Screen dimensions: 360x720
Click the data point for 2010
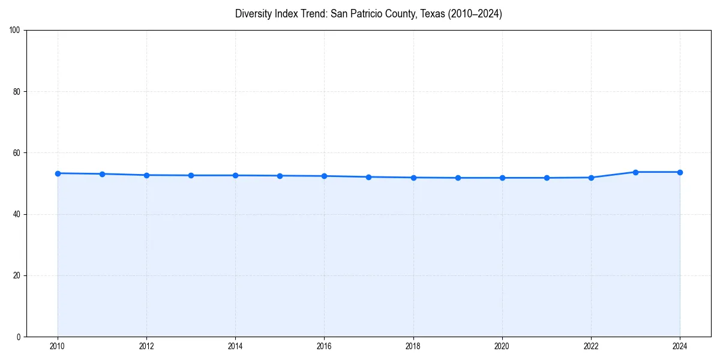(58, 173)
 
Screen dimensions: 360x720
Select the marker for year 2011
(102, 174)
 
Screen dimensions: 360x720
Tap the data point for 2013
(191, 175)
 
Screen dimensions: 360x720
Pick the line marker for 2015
(280, 176)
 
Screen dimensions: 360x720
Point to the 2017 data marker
(368, 177)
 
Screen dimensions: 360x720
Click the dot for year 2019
(458, 178)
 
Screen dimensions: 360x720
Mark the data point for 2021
(547, 178)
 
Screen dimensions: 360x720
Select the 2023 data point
(635, 172)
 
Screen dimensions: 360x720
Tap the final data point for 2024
(680, 172)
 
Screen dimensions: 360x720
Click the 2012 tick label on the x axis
(146, 346)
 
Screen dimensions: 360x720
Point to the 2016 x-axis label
(324, 346)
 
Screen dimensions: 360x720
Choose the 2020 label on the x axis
(502, 346)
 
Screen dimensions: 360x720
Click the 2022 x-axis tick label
(591, 346)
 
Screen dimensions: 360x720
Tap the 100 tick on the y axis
(15, 31)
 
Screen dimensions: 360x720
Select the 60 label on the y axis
(17, 153)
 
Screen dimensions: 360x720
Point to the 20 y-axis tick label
(17, 275)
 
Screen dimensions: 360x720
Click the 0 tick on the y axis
(19, 337)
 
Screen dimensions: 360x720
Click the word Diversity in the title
(252, 14)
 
